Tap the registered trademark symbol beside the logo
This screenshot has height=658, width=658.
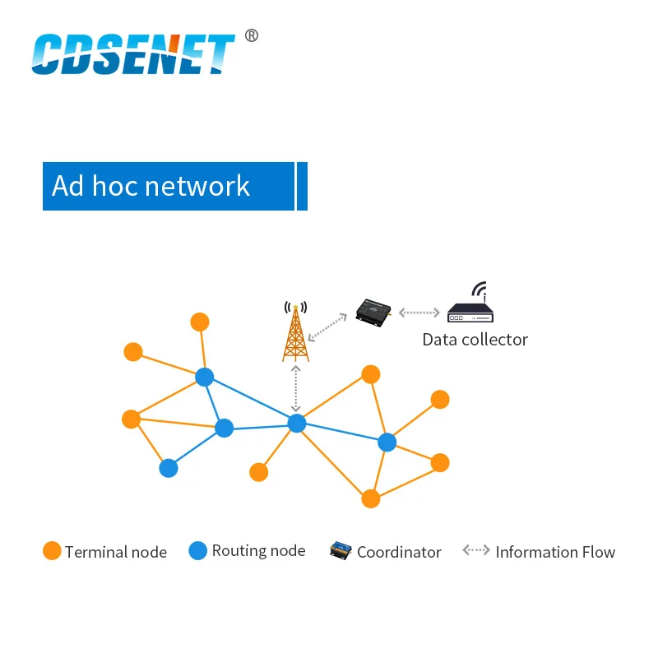point(252,35)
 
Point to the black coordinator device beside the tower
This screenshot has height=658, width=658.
point(373,311)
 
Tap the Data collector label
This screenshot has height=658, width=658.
point(475,340)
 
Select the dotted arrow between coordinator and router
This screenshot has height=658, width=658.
point(419,313)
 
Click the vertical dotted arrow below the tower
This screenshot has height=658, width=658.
point(296,387)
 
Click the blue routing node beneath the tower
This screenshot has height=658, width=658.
point(297,423)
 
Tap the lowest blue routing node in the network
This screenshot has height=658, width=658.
point(169,468)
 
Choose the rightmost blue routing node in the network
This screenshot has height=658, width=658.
point(387,443)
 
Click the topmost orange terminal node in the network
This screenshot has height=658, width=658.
point(200,322)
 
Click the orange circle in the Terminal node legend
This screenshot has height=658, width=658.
point(52,551)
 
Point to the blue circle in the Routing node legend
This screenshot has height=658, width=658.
point(198,551)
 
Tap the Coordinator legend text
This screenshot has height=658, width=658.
point(399,553)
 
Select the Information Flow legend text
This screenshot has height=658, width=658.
point(555,553)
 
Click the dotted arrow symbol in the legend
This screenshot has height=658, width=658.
point(476,550)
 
